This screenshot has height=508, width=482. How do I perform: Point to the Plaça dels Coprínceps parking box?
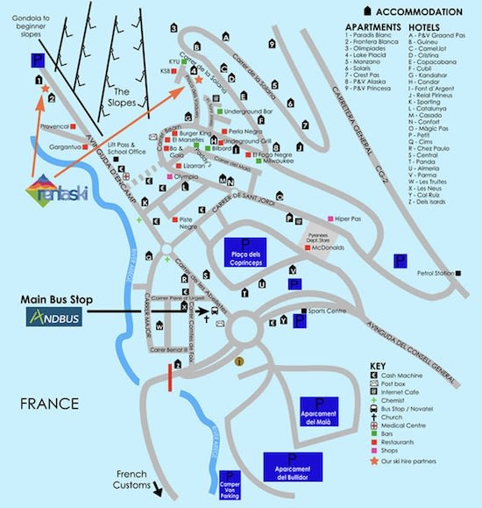(x=245, y=251)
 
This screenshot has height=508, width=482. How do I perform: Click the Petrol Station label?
(x=436, y=274)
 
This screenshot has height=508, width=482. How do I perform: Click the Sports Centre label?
(x=327, y=311)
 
